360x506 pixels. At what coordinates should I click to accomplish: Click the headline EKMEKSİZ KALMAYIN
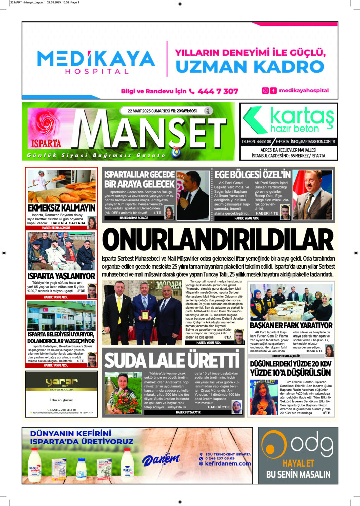click(x=61, y=208)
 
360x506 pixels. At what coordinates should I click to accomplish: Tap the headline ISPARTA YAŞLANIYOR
click(x=61, y=276)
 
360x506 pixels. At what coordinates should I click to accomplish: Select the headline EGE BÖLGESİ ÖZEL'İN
click(x=254, y=174)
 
